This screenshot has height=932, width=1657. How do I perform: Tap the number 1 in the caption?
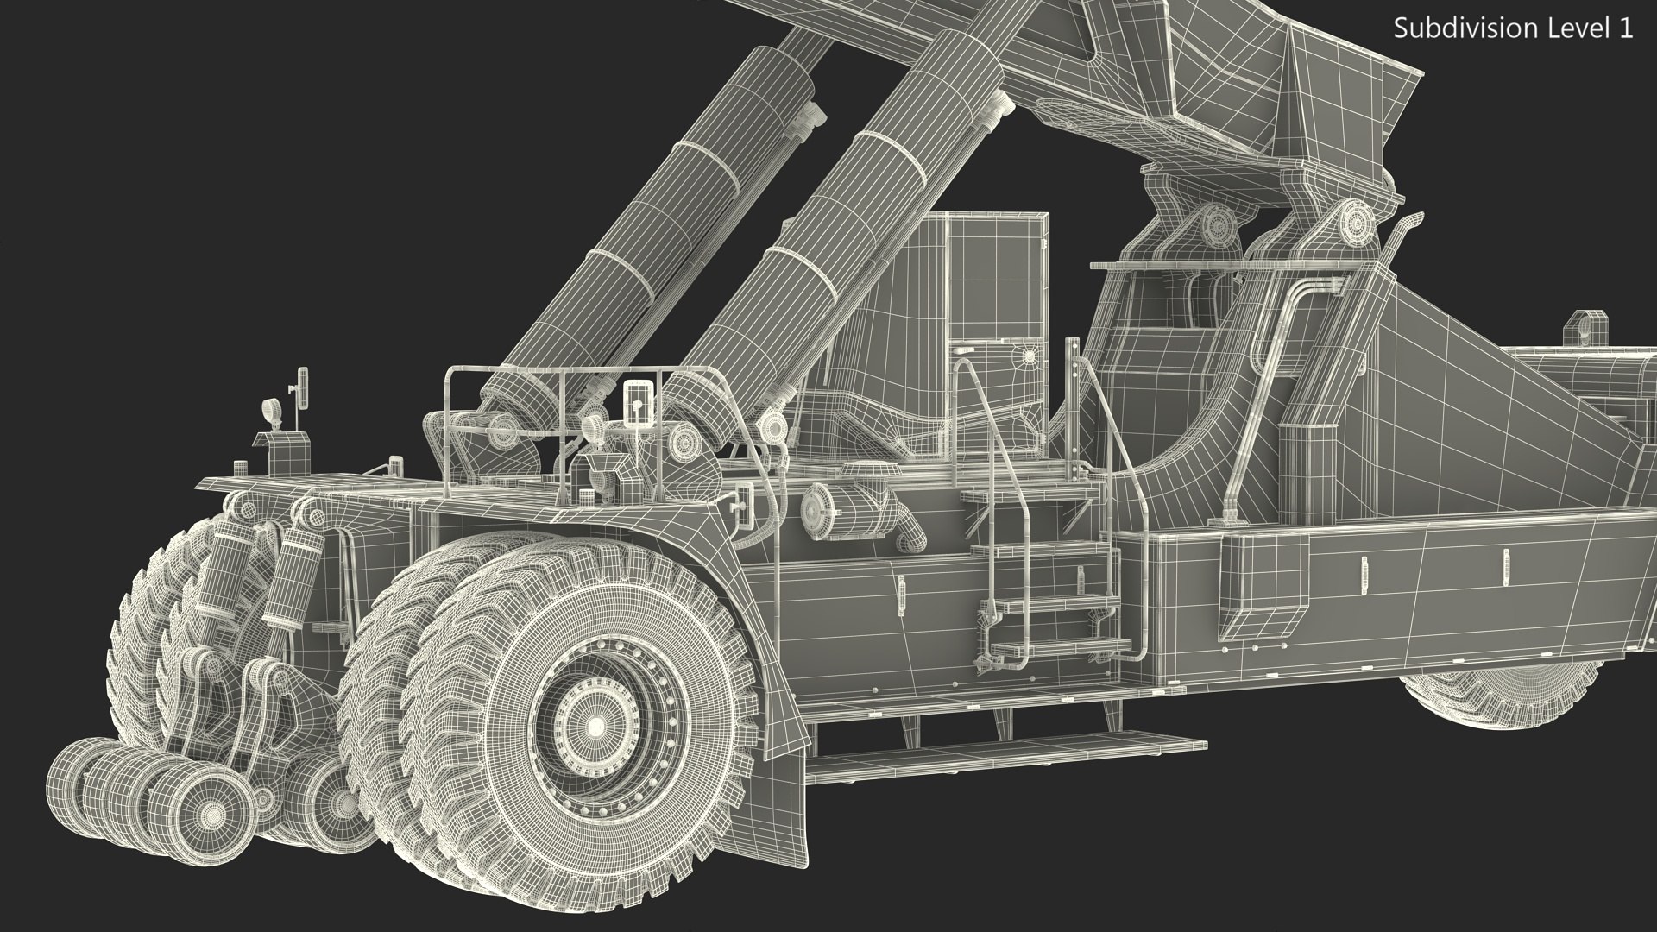(1625, 28)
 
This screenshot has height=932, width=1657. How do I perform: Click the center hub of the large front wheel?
(595, 727)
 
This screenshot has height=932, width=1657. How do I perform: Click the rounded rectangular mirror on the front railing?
(637, 401)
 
